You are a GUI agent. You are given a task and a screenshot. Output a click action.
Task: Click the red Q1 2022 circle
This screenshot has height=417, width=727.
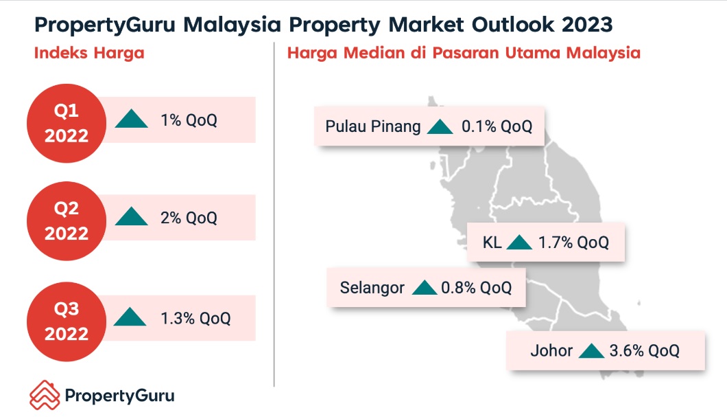(x=67, y=123)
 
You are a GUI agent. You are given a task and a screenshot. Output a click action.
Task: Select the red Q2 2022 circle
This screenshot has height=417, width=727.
(x=67, y=221)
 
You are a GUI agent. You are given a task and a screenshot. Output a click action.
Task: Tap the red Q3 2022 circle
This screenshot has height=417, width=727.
(x=67, y=322)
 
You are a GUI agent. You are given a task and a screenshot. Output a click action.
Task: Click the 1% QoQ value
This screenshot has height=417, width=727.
(x=189, y=120)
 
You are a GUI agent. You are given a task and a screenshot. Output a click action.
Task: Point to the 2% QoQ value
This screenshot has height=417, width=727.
(x=189, y=218)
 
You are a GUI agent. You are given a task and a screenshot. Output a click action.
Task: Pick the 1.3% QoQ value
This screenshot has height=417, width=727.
(x=195, y=319)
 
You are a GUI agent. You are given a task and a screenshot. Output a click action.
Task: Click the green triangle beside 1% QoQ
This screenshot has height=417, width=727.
(x=131, y=118)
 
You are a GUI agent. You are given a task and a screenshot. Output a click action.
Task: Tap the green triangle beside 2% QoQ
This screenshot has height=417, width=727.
(x=131, y=216)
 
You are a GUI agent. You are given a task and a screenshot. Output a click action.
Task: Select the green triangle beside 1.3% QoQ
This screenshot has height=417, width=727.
(x=130, y=317)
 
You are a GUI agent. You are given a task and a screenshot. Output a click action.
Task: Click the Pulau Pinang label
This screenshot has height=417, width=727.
(x=373, y=126)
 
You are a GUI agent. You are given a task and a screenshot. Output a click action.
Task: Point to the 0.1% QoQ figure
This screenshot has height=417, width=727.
(x=497, y=126)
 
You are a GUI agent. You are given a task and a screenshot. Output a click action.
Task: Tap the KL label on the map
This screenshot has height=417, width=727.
(x=492, y=243)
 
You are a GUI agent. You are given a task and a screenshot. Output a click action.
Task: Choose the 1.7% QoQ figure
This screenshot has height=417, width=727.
(x=573, y=243)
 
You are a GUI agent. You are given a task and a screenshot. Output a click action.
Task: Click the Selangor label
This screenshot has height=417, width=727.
(x=372, y=288)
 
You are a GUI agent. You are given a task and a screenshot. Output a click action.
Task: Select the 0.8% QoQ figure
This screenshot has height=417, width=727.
(x=476, y=288)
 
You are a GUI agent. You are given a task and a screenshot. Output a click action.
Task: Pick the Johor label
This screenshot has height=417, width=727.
(x=551, y=350)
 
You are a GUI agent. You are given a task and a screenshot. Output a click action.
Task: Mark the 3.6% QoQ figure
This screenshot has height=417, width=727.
(x=644, y=350)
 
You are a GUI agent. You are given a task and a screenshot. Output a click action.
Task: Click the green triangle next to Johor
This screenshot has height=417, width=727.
(x=592, y=350)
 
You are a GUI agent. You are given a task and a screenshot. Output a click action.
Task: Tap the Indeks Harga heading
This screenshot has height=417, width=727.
(x=89, y=53)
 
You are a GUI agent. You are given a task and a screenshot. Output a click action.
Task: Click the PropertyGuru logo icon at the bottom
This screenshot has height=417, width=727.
(x=45, y=395)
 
